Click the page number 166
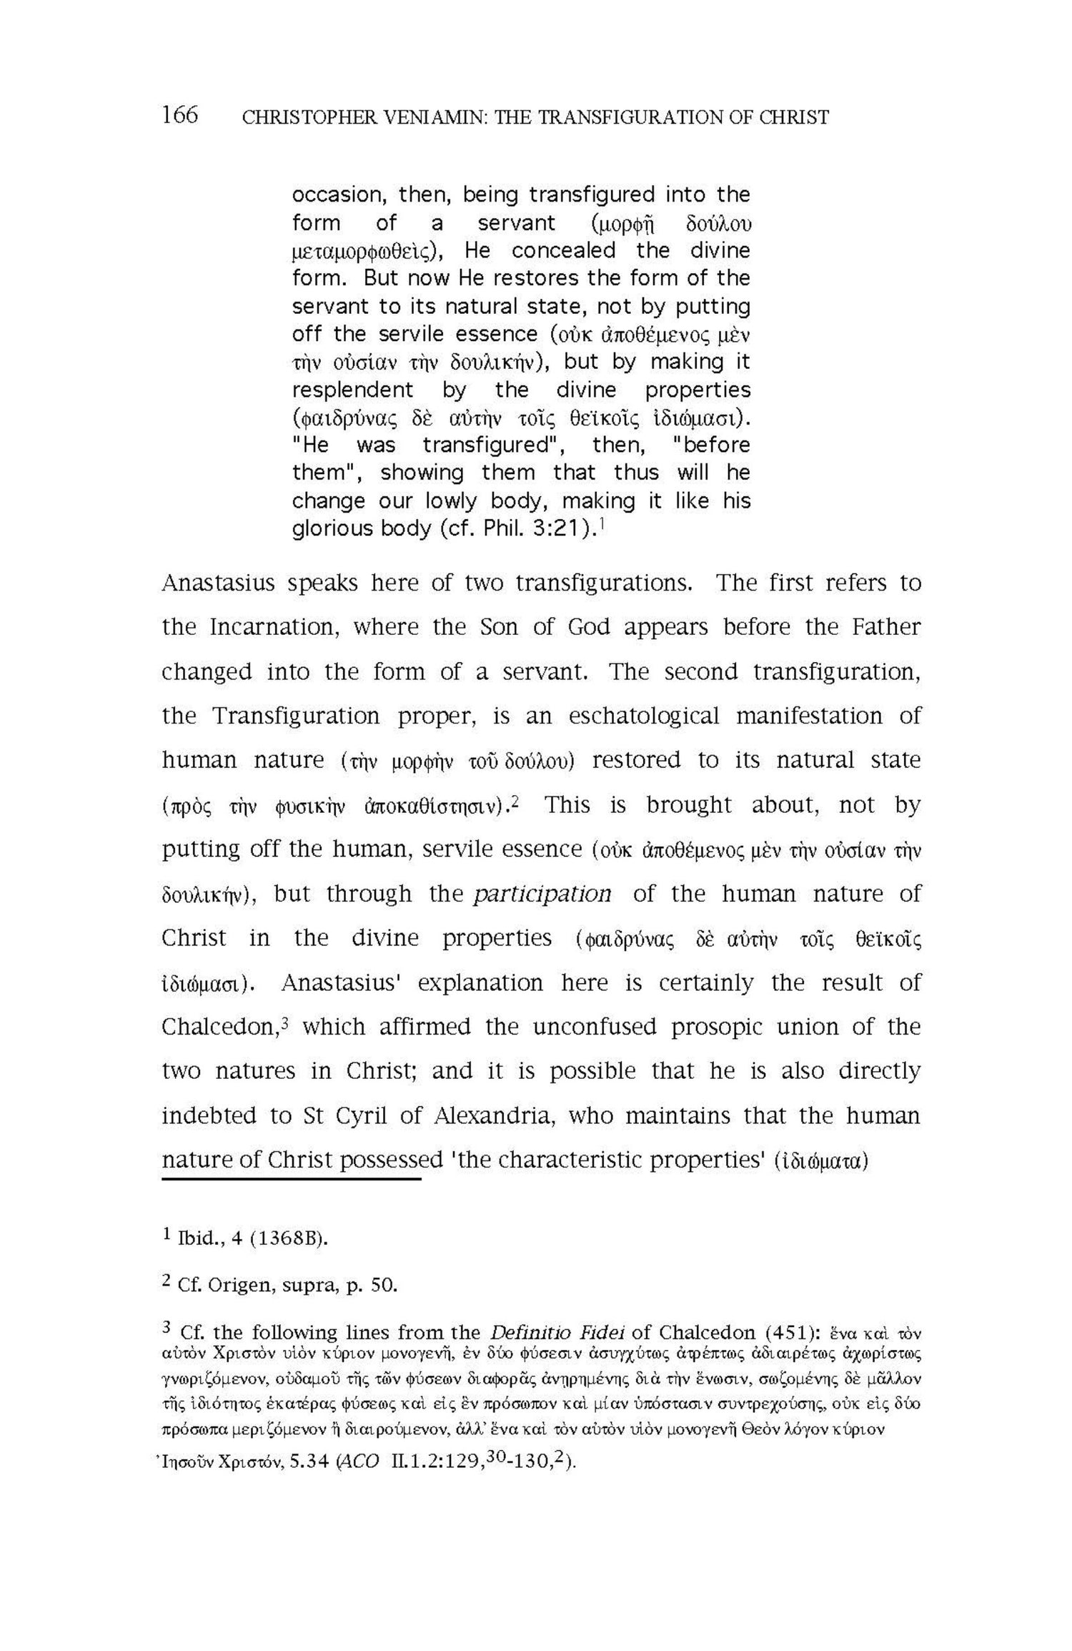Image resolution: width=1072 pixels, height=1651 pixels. (x=179, y=114)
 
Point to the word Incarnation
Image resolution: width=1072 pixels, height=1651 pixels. (x=270, y=627)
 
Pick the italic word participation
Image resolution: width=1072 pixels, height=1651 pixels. (x=542, y=894)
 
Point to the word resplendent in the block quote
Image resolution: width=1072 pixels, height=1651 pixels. (x=352, y=390)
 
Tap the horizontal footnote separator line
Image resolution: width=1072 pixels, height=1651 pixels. (x=291, y=1177)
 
